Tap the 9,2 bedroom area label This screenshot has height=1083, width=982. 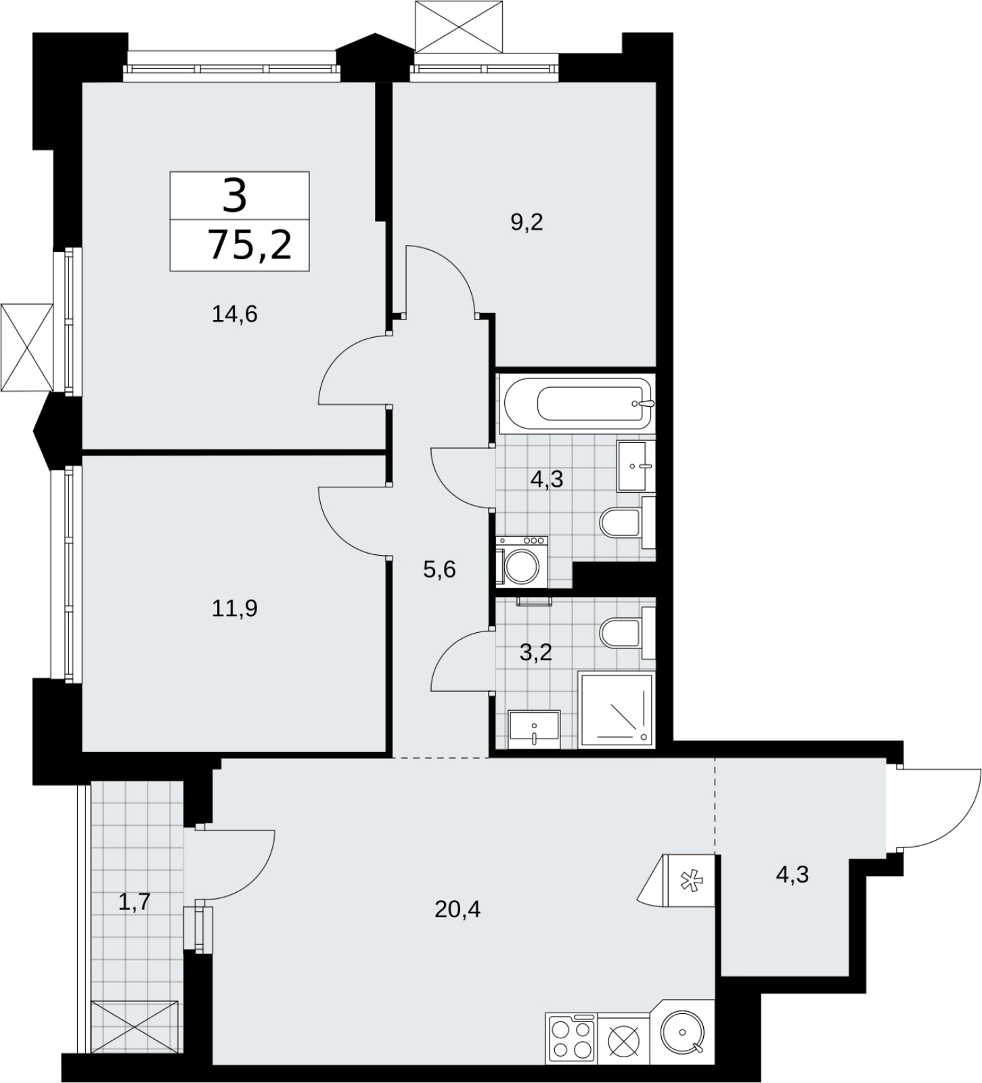click(x=527, y=222)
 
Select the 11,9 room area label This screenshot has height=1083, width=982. click(x=235, y=609)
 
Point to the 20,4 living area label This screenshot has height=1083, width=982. click(x=457, y=909)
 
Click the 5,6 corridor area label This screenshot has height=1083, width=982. click(x=440, y=569)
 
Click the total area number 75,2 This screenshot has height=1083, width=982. click(x=250, y=244)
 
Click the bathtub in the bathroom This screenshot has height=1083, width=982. click(x=576, y=403)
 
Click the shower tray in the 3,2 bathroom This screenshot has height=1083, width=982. click(x=617, y=710)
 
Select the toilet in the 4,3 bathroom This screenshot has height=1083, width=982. click(x=627, y=522)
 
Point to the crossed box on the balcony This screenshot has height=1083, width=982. click(x=135, y=1026)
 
